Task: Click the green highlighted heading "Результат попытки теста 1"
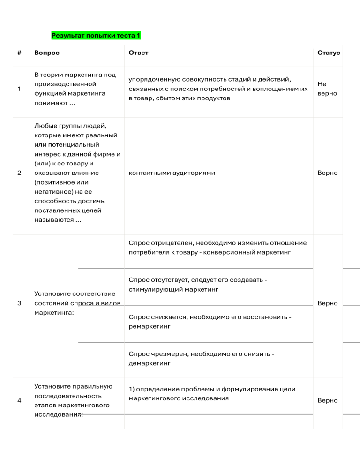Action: point(96,36)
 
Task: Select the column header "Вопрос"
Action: point(47,53)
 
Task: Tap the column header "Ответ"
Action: point(138,53)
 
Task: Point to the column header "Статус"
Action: point(329,53)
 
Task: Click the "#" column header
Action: point(19,53)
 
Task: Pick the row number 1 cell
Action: point(19,89)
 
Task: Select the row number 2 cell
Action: point(19,173)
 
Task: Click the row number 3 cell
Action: point(19,303)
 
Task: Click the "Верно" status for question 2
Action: point(327,173)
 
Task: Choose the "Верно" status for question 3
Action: point(327,303)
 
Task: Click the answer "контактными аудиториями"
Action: point(172,173)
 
